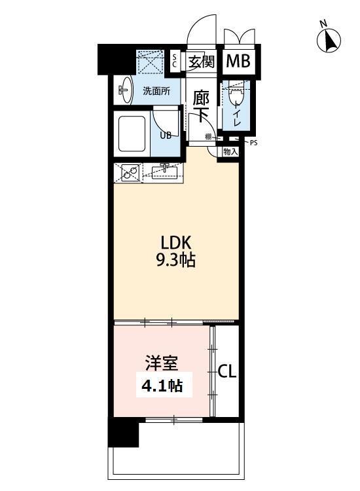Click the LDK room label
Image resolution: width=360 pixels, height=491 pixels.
[175, 242]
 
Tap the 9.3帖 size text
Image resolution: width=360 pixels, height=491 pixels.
[175, 260]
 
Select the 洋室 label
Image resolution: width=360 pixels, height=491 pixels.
[162, 363]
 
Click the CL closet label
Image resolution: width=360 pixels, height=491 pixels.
[227, 372]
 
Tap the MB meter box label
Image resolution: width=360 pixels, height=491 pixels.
[238, 61]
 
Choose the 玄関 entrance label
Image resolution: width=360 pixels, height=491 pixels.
[202, 62]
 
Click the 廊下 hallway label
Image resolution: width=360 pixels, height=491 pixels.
[200, 106]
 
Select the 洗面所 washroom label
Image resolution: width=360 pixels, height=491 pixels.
[156, 91]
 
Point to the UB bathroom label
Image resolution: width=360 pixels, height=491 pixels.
[166, 136]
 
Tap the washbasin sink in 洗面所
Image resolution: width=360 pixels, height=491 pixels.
[124, 90]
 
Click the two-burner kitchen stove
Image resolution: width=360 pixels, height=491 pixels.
[129, 173]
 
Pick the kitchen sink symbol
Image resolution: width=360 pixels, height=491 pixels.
[164, 172]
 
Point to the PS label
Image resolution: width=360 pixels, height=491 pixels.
[253, 143]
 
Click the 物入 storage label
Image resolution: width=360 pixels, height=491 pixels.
[230, 152]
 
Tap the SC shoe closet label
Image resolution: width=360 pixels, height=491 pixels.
[175, 61]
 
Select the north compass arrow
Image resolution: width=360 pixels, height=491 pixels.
[329, 41]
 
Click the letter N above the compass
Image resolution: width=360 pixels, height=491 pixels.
[323, 23]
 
